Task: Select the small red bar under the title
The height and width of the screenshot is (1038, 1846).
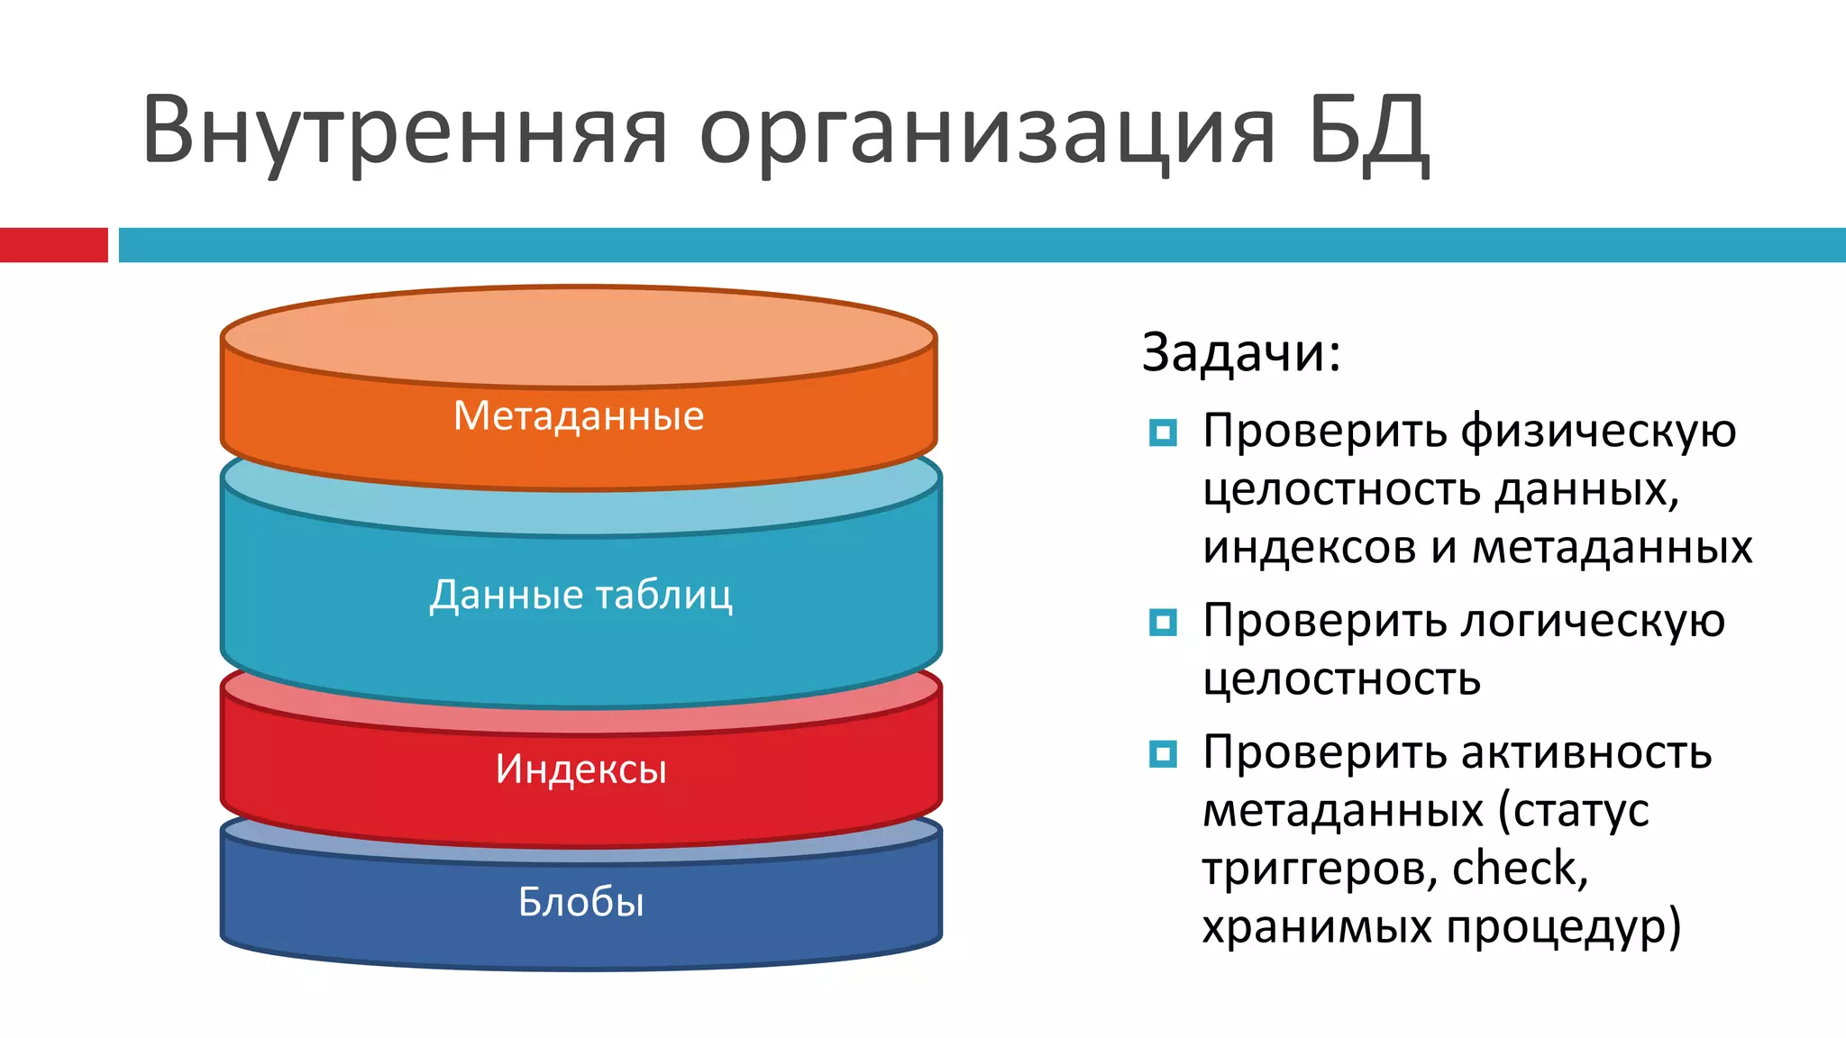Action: pos(53,245)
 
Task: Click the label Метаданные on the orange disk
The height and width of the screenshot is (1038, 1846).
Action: pos(578,416)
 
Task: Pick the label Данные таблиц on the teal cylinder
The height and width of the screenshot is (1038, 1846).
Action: pos(580,595)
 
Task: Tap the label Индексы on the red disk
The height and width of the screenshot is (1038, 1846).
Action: pos(580,769)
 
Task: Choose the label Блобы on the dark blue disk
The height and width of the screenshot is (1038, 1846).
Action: pos(580,902)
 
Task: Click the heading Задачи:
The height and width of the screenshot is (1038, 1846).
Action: pos(1241,352)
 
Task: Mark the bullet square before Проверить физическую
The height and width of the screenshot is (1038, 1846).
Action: pos(1163,433)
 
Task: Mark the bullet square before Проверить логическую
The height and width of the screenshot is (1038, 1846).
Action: pos(1163,623)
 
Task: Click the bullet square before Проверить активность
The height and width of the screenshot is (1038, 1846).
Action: pos(1163,753)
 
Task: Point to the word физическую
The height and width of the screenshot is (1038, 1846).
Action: pos(1598,432)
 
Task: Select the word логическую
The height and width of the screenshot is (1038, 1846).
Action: pos(1593,622)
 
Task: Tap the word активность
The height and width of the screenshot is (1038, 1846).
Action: pos(1586,752)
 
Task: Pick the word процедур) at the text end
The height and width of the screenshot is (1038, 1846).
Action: pos(1564,927)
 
